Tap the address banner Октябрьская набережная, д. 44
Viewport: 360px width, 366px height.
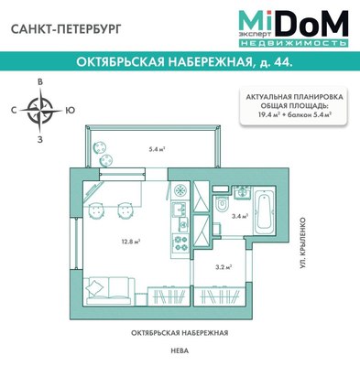tap(180, 62)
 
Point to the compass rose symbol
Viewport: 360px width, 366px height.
tap(39, 112)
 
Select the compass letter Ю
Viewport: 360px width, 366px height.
tap(71, 112)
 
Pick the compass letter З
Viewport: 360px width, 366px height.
tap(39, 140)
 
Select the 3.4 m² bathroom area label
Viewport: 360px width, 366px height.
tap(238, 217)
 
